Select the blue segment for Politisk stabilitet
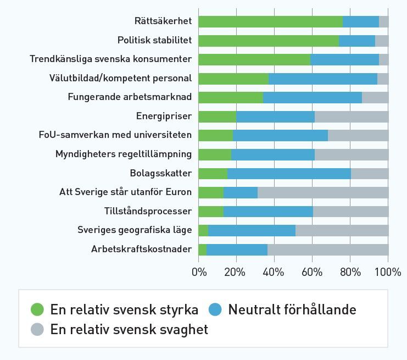pyautogui.click(x=357, y=41)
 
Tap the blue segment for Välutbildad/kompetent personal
pyautogui.click(x=323, y=79)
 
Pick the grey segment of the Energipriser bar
pyautogui.click(x=352, y=117)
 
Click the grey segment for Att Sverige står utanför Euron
pyautogui.click(x=323, y=192)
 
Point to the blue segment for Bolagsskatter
pyautogui.click(x=289, y=174)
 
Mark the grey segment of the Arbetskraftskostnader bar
pyautogui.click(x=328, y=250)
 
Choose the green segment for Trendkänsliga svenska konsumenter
pyautogui.click(x=254, y=59)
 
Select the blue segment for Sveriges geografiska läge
pyautogui.click(x=252, y=230)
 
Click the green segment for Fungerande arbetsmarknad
pyautogui.click(x=231, y=97)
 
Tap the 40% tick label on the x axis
pyautogui.click(x=274, y=272)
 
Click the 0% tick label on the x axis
pyautogui.click(x=199, y=272)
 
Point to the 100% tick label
pyautogui.click(x=388, y=272)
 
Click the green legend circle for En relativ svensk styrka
pyautogui.click(x=37, y=310)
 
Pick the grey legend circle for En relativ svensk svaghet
pyautogui.click(x=37, y=330)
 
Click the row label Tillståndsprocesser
pyautogui.click(x=148, y=212)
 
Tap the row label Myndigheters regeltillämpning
pyautogui.click(x=124, y=154)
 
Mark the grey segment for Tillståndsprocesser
pyautogui.click(x=350, y=212)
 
